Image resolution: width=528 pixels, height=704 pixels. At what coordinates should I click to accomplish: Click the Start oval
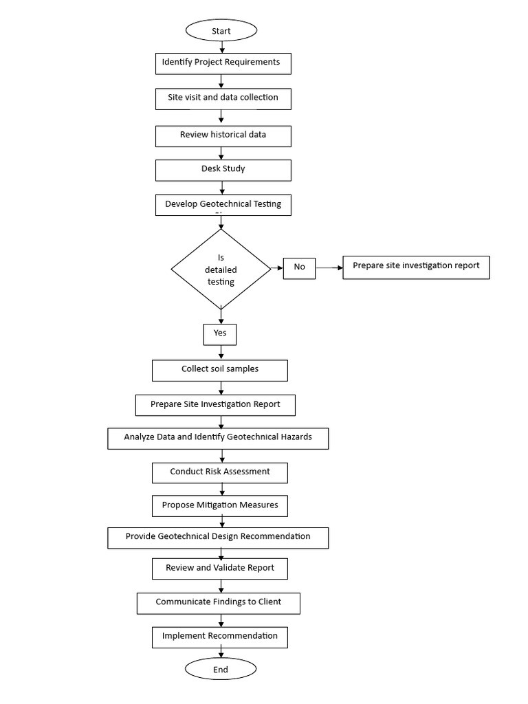click(x=221, y=31)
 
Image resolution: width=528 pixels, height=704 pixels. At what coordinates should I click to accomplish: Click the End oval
click(x=221, y=669)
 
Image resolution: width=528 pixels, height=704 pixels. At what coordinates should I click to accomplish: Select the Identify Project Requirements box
click(x=223, y=63)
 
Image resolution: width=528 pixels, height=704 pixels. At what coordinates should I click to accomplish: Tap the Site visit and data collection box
click(x=223, y=98)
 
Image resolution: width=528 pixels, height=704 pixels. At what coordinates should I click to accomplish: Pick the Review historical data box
click(x=223, y=135)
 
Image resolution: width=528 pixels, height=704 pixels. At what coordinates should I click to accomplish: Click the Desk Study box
click(x=223, y=169)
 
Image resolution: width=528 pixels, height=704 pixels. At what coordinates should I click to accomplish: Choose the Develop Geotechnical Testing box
click(x=223, y=205)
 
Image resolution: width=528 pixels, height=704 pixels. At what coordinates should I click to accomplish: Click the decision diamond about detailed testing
click(x=221, y=269)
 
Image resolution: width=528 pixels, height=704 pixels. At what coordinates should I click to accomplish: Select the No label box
click(x=299, y=267)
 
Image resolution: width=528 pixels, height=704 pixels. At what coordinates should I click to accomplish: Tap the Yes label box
click(x=220, y=333)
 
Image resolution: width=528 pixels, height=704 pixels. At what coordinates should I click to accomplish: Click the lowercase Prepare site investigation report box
click(x=416, y=267)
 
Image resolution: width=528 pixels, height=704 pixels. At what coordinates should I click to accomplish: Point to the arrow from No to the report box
click(x=329, y=267)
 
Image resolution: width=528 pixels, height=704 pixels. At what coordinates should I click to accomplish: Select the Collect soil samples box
click(x=220, y=370)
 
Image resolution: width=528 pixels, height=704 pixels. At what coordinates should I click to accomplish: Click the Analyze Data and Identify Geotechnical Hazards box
click(x=218, y=438)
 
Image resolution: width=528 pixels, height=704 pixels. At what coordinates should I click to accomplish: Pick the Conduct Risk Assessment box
click(x=220, y=472)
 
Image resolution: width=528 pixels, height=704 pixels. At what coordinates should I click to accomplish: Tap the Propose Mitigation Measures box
click(x=220, y=505)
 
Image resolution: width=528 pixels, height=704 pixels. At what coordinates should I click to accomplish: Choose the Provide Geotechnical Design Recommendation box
click(x=218, y=537)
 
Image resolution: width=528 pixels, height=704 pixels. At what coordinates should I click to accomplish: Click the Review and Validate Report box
click(x=220, y=569)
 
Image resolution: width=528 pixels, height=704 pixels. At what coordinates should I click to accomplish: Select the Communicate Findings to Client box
click(x=219, y=603)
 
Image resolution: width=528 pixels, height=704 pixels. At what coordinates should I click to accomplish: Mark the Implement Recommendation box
click(x=220, y=637)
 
